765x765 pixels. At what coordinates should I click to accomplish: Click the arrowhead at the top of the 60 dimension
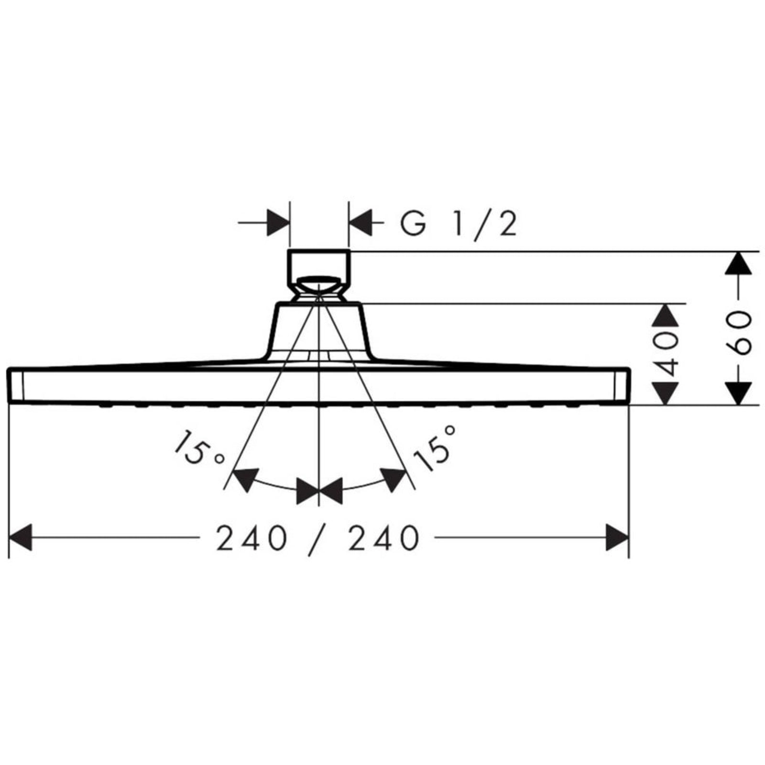[739, 262]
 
